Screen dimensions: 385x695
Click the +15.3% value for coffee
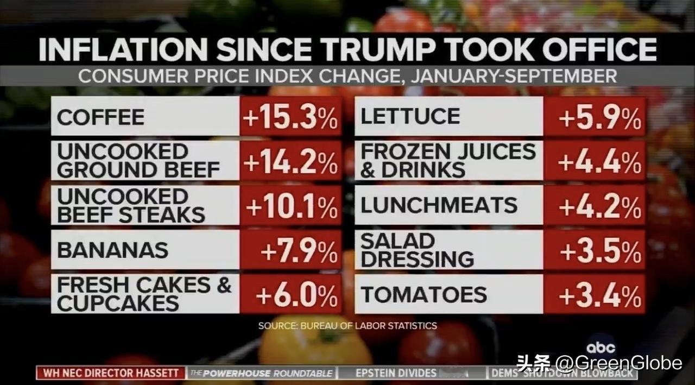[x=291, y=117]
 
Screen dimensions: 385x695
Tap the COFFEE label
[x=101, y=117]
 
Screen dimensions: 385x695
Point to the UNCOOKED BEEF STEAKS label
[x=131, y=206]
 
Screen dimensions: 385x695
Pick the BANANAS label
[x=113, y=250]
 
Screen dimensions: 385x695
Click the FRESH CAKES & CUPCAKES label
[x=144, y=294]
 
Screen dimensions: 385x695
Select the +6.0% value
[x=296, y=295]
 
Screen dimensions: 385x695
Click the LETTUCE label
[x=410, y=117]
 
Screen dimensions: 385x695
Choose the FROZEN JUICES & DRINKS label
[x=448, y=161]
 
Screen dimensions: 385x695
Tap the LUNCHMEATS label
[x=439, y=205]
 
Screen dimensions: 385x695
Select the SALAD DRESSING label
[x=417, y=250]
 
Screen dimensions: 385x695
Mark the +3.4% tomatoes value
[x=599, y=295]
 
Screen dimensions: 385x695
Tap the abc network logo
[x=600, y=348]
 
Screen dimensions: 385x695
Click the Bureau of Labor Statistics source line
[x=347, y=326]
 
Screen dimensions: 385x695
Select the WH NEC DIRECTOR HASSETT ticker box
[x=111, y=373]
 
